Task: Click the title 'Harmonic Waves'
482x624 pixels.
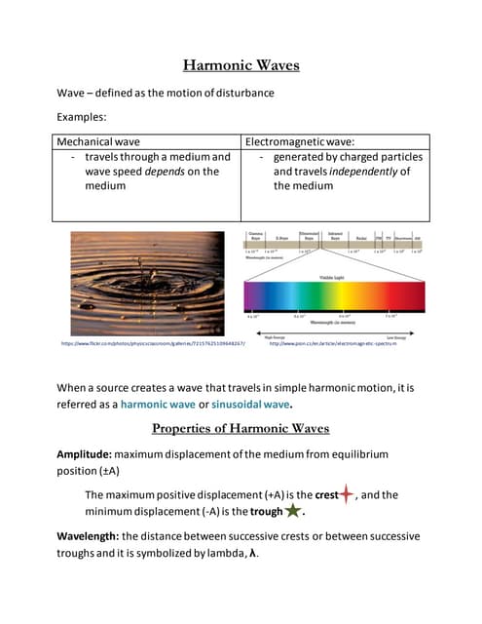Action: [x=241, y=66]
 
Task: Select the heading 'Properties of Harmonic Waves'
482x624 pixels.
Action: [x=241, y=428]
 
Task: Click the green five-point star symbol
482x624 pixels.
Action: [x=292, y=511]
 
